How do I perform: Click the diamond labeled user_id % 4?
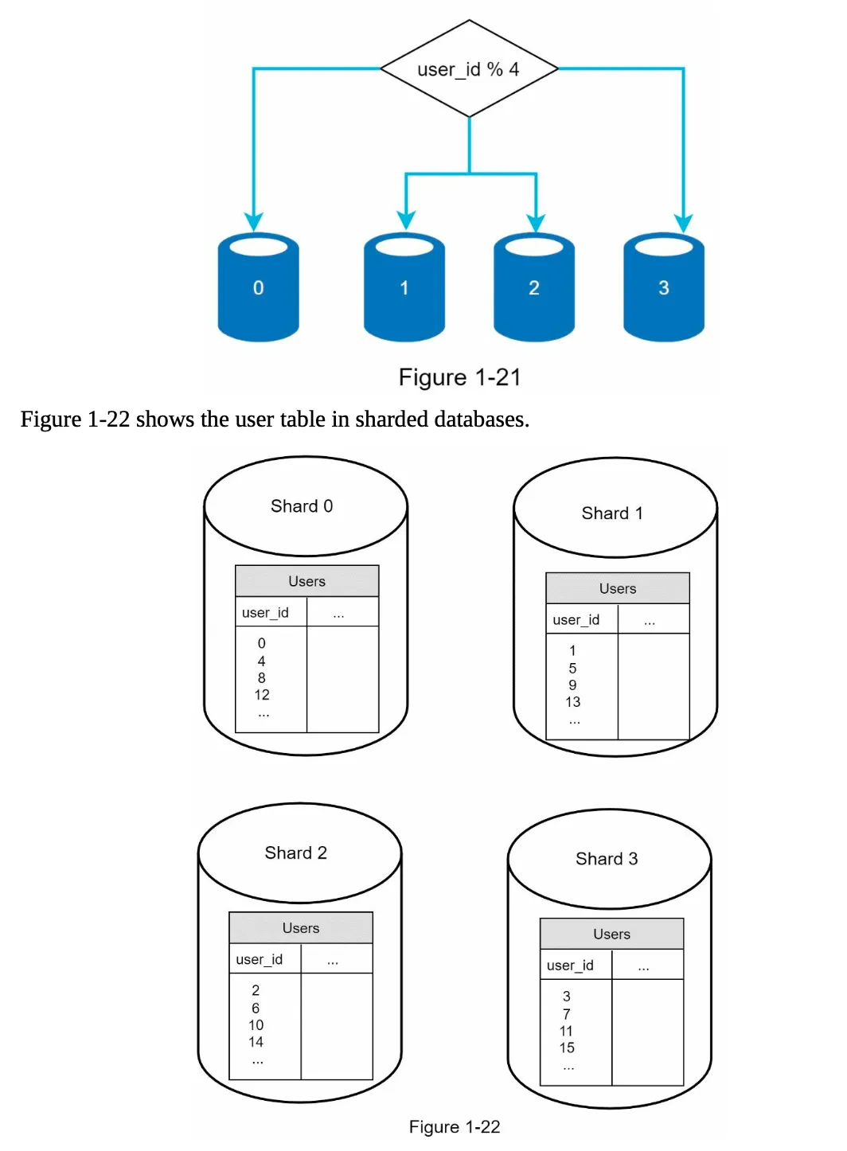pyautogui.click(x=469, y=69)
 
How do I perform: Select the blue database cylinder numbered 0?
pyautogui.click(x=258, y=287)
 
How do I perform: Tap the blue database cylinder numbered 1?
pyautogui.click(x=404, y=287)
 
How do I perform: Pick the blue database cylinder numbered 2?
pyautogui.click(x=534, y=287)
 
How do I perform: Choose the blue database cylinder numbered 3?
pyautogui.click(x=664, y=287)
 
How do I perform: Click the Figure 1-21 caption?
pyautogui.click(x=459, y=377)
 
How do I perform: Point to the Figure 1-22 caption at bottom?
pyautogui.click(x=454, y=1126)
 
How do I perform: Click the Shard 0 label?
pyautogui.click(x=302, y=506)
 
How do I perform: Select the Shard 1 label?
pyautogui.click(x=612, y=513)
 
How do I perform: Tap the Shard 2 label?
pyautogui.click(x=295, y=853)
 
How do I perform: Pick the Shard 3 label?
pyautogui.click(x=607, y=859)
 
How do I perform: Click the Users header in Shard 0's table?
pyautogui.click(x=306, y=581)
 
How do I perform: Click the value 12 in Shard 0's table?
pyautogui.click(x=262, y=695)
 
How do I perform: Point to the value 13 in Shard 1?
pyautogui.click(x=572, y=702)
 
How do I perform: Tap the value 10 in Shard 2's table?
pyautogui.click(x=256, y=1025)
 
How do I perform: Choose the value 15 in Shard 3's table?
pyautogui.click(x=567, y=1048)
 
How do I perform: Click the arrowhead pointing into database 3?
pyautogui.click(x=683, y=223)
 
